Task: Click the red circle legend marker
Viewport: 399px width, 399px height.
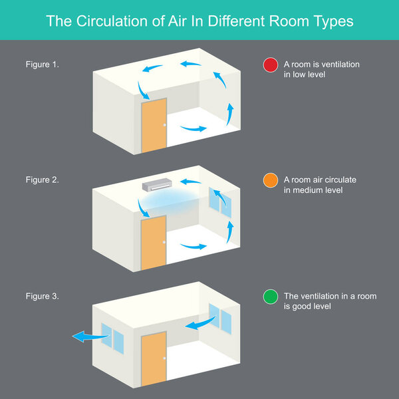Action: tap(270, 65)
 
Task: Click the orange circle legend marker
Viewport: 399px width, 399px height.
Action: tap(270, 181)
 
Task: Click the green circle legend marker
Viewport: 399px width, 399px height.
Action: tap(270, 297)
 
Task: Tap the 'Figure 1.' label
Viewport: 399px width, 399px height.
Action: tap(42, 65)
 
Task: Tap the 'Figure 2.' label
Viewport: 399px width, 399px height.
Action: tap(42, 180)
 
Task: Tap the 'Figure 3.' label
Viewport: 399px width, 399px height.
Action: tap(42, 296)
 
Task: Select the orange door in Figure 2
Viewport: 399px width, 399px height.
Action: tap(154, 244)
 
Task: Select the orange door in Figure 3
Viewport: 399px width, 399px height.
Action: tap(154, 358)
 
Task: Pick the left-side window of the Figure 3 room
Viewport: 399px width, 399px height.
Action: tap(112, 338)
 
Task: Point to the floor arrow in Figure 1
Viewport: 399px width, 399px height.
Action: tap(194, 127)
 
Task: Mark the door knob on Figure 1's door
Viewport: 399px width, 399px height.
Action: tap(163, 127)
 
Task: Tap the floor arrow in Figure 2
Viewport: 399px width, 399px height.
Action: tap(194, 245)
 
